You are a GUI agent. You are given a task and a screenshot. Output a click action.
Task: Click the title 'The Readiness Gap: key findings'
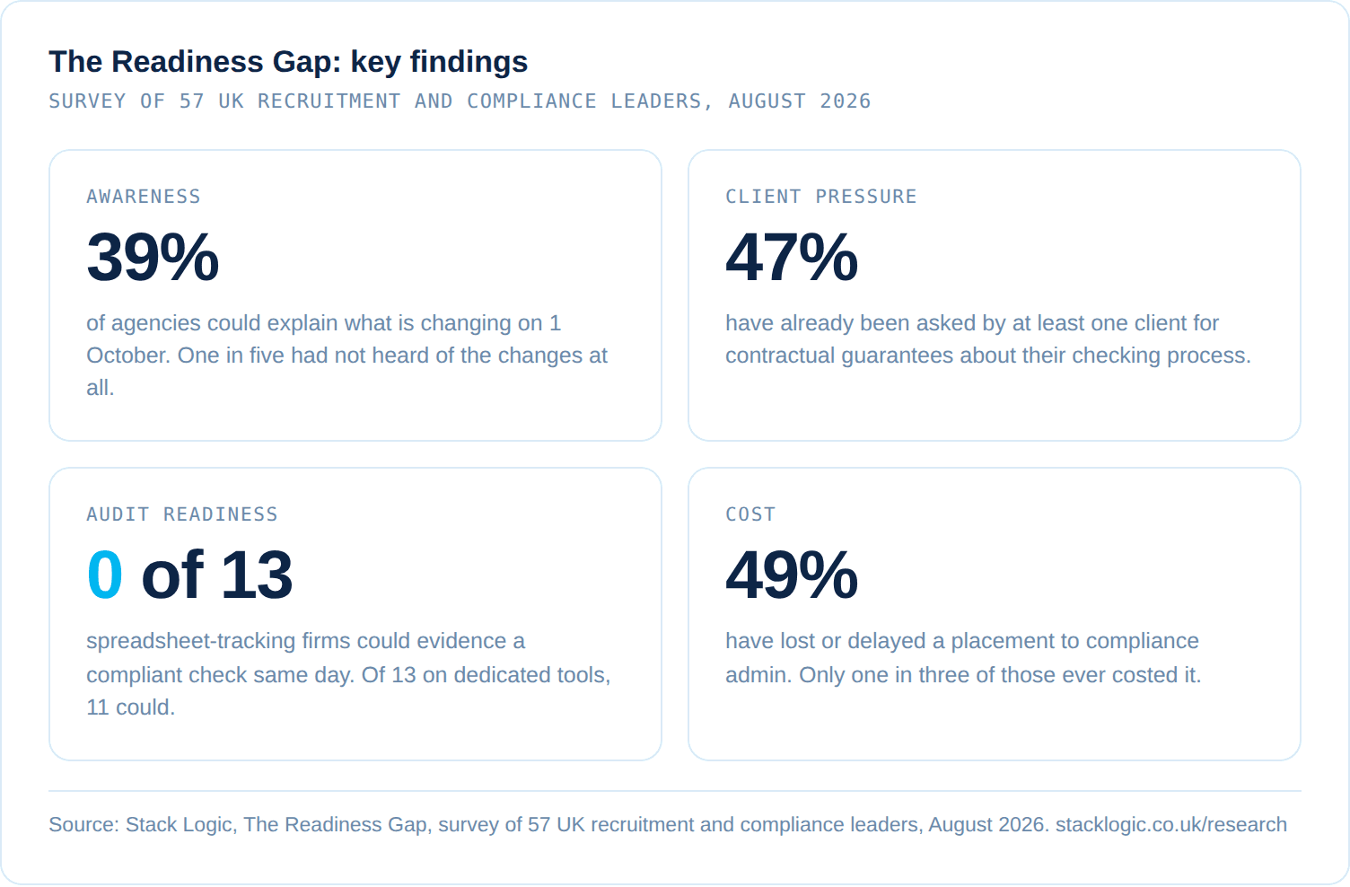(288, 62)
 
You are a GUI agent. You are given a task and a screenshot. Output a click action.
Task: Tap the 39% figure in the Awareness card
(153, 257)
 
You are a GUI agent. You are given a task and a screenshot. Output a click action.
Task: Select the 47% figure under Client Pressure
(792, 257)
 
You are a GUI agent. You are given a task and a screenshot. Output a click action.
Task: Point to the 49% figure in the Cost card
(792, 575)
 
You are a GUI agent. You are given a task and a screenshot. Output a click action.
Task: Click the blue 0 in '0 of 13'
(105, 575)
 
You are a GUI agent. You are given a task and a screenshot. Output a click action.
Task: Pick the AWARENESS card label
(144, 197)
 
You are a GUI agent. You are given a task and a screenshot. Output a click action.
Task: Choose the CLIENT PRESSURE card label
(820, 197)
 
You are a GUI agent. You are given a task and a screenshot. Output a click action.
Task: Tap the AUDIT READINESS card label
(182, 514)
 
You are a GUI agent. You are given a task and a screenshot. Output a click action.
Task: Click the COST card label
(750, 514)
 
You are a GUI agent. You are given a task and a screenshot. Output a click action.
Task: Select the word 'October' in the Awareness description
(128, 356)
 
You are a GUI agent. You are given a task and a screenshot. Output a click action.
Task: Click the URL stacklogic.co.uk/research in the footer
(1171, 824)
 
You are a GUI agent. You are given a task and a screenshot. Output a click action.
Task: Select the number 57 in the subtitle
(192, 101)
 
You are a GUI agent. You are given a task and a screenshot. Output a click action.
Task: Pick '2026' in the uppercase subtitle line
(845, 101)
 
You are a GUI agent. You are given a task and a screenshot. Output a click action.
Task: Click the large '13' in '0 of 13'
(257, 575)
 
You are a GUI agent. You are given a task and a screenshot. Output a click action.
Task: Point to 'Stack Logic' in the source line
(179, 824)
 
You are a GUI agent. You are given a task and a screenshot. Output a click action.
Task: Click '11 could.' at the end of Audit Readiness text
(130, 707)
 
